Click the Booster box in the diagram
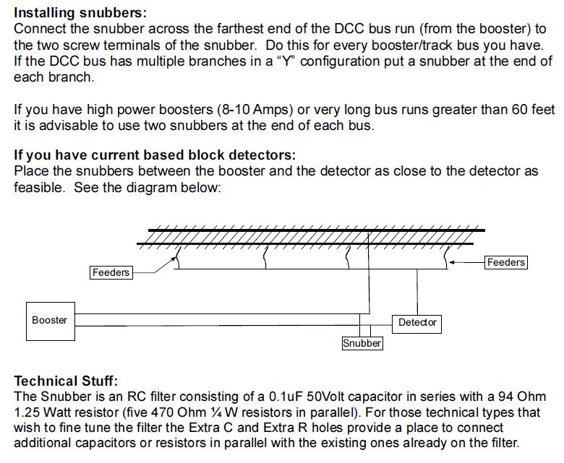click(49, 320)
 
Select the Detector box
click(417, 322)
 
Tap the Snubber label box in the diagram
click(362, 343)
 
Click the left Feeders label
click(111, 272)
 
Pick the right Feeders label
click(505, 262)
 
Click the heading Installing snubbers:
click(80, 14)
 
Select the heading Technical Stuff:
click(66, 381)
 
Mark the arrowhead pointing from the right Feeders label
click(452, 262)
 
